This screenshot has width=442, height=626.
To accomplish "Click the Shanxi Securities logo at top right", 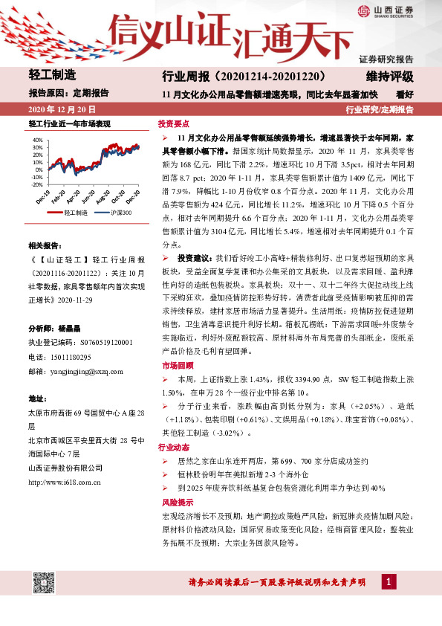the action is pyautogui.click(x=386, y=10).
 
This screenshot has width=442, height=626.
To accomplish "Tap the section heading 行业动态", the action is pyautogui.click(x=174, y=448).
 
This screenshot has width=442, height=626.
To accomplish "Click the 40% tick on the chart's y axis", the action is pyautogui.click(x=38, y=140).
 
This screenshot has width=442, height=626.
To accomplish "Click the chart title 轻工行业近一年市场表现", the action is pyautogui.click(x=68, y=123).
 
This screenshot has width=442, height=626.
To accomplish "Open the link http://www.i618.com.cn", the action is pyautogui.click(x=69, y=483).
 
